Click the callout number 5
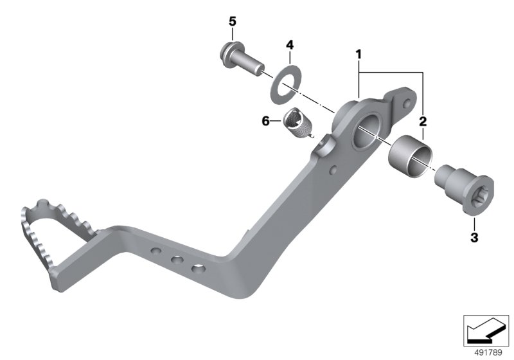pyautogui.click(x=232, y=22)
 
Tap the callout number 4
pyautogui.click(x=290, y=45)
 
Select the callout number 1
pyautogui.click(x=359, y=54)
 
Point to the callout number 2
pyautogui.click(x=423, y=122)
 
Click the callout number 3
pyautogui.click(x=474, y=237)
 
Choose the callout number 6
pyautogui.click(x=265, y=122)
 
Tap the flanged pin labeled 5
pyautogui.click(x=241, y=59)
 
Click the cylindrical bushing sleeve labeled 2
pyautogui.click(x=410, y=157)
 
